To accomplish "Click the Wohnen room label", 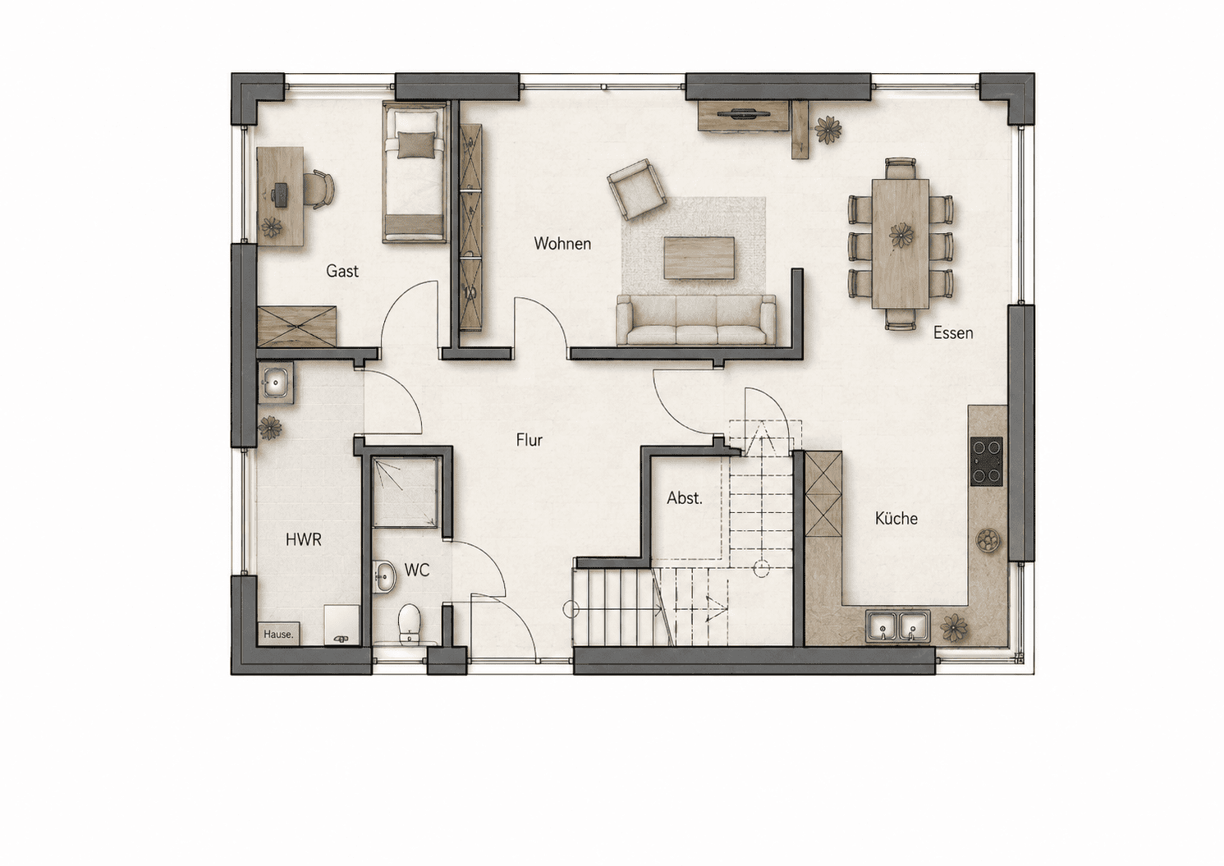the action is pyautogui.click(x=562, y=244).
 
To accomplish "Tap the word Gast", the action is pyautogui.click(x=342, y=271).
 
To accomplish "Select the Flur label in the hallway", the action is pyautogui.click(x=529, y=440).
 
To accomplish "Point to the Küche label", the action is pyautogui.click(x=896, y=518).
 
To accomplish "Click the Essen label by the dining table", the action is pyautogui.click(x=953, y=332).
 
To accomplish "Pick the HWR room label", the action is pyautogui.click(x=303, y=540).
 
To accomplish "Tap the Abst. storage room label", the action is pyautogui.click(x=685, y=498).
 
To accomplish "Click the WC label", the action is pyautogui.click(x=417, y=570).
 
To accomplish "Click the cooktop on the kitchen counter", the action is pyautogui.click(x=986, y=461).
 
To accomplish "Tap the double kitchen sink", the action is pyautogui.click(x=896, y=626).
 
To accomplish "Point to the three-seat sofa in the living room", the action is pyautogui.click(x=696, y=320).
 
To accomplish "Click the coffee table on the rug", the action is pyautogui.click(x=699, y=258).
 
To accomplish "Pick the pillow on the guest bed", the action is pyautogui.click(x=417, y=145).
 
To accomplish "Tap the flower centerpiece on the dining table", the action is pyautogui.click(x=901, y=236).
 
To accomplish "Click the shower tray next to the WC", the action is pyautogui.click(x=406, y=493).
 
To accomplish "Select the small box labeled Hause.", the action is pyautogui.click(x=278, y=634).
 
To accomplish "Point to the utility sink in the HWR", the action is pyautogui.click(x=275, y=382).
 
